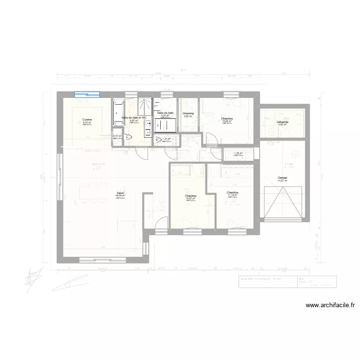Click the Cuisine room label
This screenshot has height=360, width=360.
pyautogui.click(x=87, y=119)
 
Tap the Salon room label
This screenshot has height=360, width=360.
pyautogui.click(x=120, y=193)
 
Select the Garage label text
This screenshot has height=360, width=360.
pyautogui.click(x=282, y=178)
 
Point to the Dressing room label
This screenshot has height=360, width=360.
pyautogui.click(x=188, y=114)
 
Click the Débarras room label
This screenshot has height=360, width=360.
pyautogui.click(x=282, y=122)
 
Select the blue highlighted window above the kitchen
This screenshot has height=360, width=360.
pyautogui.click(x=86, y=95)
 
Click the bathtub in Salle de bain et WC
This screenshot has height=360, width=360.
pyautogui.click(x=118, y=113)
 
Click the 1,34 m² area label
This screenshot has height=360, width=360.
pyautogui.click(x=167, y=139)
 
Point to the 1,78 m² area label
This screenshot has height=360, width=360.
pyautogui.click(x=238, y=154)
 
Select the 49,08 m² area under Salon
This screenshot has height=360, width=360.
pyautogui.click(x=120, y=196)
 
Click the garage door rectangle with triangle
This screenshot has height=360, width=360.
pyautogui.click(x=282, y=202)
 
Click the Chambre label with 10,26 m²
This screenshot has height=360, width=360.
pyautogui.click(x=227, y=119)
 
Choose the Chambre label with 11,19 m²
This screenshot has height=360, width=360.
pyautogui.click(x=233, y=193)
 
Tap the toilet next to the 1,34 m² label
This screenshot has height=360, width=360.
pyautogui.click(x=158, y=141)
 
